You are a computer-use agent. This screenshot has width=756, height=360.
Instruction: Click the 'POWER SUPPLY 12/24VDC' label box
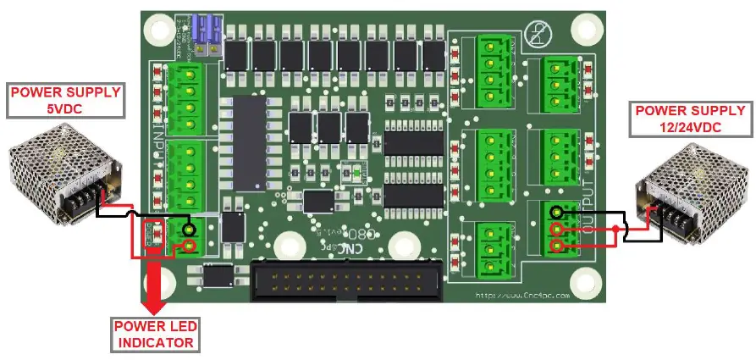coord(690,119)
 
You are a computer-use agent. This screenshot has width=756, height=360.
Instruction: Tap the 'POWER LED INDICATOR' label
coord(157,335)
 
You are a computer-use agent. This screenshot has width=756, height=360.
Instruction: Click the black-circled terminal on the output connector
coord(555,213)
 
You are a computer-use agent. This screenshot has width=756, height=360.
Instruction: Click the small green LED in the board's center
coord(357,174)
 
